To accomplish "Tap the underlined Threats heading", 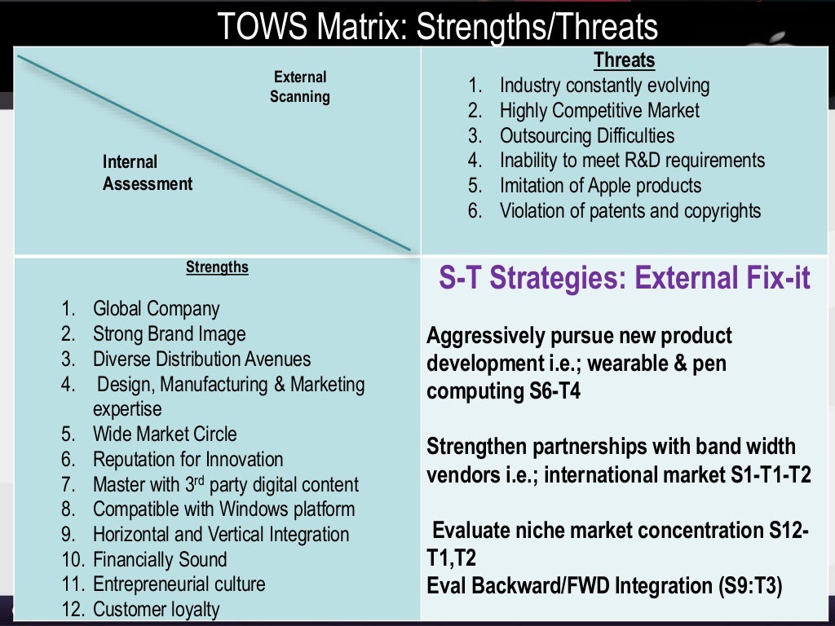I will pos(624,60).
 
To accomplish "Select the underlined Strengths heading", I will pos(217,267).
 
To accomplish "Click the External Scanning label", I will pos(300,87).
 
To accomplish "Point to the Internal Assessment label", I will pos(148,173).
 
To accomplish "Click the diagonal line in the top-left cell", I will pos(214,152).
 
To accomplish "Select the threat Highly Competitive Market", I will pos(599,110).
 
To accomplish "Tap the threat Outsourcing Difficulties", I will pos(587,135).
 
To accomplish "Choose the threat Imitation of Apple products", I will pos(600,186).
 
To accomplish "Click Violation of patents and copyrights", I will pos(630,211).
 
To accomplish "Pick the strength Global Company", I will pos(156,309).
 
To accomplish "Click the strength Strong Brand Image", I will pos(169,334).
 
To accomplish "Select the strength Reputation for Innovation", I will pos(188,460).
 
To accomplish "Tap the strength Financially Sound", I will pos(160,560).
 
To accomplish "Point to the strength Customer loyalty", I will pos(156,610).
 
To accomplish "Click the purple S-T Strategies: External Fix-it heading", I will pos(625,279).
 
